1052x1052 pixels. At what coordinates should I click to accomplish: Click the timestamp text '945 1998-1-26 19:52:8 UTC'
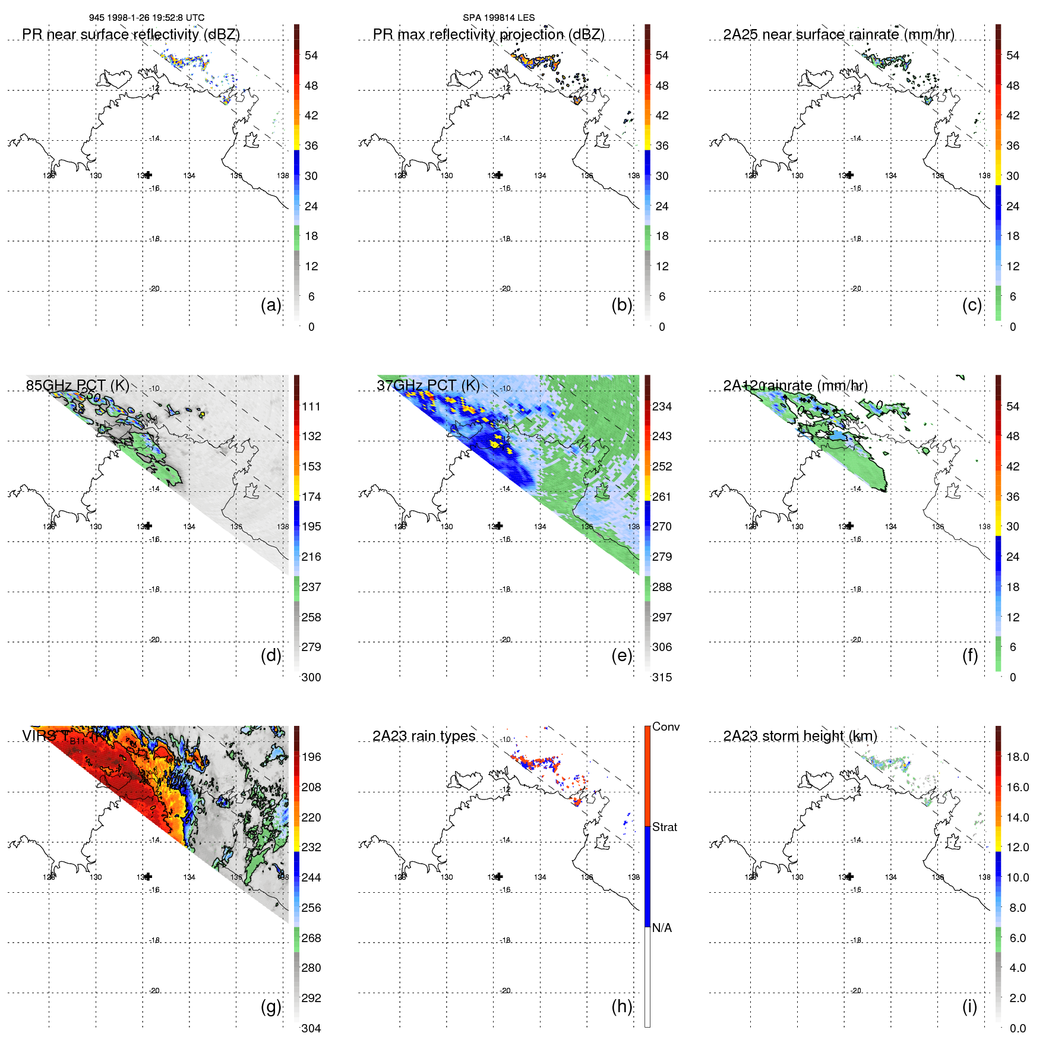click(147, 18)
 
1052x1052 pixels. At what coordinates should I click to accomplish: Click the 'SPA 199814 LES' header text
click(498, 18)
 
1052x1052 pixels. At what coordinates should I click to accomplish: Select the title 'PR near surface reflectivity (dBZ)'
click(131, 34)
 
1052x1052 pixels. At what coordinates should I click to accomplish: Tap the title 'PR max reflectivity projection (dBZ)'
click(488, 34)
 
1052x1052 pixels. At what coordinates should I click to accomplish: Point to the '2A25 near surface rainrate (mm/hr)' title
click(839, 34)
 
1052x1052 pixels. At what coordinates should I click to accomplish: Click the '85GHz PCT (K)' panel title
click(77, 386)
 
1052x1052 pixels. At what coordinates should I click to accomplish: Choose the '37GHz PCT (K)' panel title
click(428, 386)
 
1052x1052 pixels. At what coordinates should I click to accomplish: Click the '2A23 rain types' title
click(424, 736)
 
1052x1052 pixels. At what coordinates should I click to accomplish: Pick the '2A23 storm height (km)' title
click(800, 736)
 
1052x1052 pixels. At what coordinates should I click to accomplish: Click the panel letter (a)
click(271, 305)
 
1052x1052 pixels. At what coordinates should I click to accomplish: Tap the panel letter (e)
click(622, 656)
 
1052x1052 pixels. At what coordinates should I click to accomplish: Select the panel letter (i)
click(969, 1006)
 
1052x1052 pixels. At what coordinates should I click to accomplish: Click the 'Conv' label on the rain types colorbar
click(666, 726)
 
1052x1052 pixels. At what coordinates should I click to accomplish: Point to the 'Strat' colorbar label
click(665, 827)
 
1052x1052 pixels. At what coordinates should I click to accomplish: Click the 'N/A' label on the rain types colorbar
click(662, 928)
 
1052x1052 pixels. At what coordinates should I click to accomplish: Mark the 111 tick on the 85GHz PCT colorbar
click(311, 406)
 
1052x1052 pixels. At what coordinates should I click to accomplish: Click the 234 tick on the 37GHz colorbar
click(662, 406)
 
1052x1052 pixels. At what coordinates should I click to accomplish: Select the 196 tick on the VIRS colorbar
click(311, 757)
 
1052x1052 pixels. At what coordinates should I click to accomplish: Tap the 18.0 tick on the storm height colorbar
click(1018, 757)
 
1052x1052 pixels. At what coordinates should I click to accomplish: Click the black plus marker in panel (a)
click(148, 175)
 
